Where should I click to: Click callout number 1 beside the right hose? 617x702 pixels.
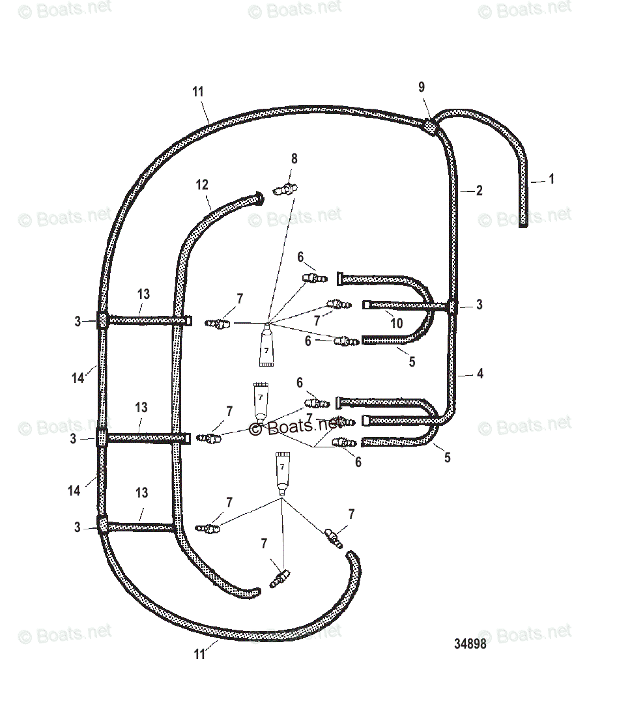click(x=551, y=179)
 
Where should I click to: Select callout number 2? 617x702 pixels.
click(x=479, y=191)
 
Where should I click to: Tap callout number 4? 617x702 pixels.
click(x=480, y=374)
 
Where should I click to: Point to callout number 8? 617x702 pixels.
click(x=294, y=158)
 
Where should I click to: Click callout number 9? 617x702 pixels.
click(x=422, y=87)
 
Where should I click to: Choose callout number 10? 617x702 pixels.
click(x=397, y=323)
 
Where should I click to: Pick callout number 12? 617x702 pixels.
click(x=202, y=185)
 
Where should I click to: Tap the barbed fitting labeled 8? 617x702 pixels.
click(x=285, y=191)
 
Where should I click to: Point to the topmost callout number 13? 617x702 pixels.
click(x=143, y=294)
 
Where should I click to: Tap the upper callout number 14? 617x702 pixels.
click(x=78, y=377)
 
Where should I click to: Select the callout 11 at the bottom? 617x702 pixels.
click(x=199, y=654)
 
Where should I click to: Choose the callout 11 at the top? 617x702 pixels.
click(x=198, y=92)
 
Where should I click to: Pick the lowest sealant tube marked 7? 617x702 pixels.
click(x=281, y=473)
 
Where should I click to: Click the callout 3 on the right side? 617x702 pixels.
click(x=480, y=305)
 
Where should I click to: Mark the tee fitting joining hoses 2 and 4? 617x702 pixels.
click(x=452, y=307)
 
